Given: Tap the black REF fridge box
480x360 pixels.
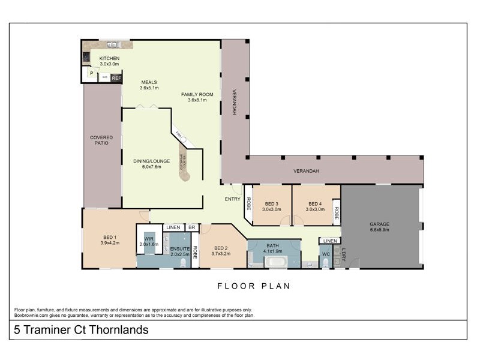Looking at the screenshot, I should coord(116,78).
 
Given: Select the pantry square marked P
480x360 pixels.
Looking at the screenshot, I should coord(91,73).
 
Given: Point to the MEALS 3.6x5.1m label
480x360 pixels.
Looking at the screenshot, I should coord(149,85).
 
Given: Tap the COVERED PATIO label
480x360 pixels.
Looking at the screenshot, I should coord(101,140).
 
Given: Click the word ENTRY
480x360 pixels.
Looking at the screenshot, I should coord(233,199).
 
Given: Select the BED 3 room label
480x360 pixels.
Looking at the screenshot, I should coord(271,203).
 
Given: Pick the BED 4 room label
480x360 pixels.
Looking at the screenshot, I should coord(315,203).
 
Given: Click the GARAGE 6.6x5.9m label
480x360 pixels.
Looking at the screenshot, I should coord(379,226).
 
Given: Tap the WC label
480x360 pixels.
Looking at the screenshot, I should coord(325,254).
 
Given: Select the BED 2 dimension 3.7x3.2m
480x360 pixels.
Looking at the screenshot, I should coord(221,254).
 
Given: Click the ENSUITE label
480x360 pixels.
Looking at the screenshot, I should coord(180,248).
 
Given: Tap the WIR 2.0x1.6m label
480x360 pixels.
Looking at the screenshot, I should coord(149,241).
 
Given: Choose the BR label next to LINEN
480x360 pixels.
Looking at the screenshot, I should coord(191,228).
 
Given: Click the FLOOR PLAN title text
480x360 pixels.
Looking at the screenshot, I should coord(253,286).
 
